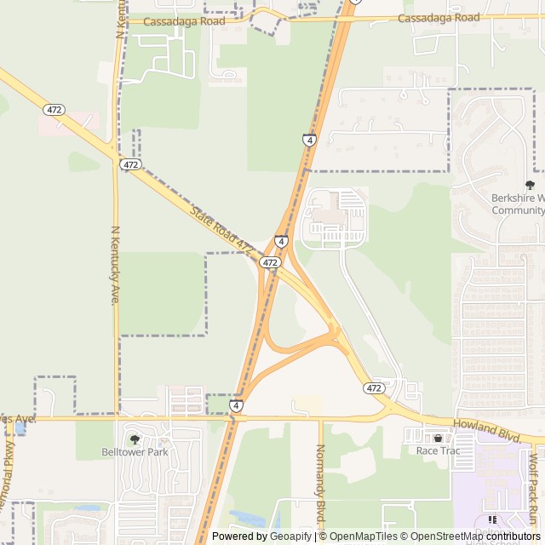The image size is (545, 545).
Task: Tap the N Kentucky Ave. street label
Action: (115, 266)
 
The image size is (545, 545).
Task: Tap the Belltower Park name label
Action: (135, 451)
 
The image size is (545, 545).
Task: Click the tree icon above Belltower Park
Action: (135, 439)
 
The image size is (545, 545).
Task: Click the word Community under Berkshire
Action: (518, 210)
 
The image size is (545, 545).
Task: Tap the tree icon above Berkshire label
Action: (530, 185)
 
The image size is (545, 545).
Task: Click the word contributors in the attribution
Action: (511, 536)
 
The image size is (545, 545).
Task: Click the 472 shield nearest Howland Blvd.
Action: (373, 388)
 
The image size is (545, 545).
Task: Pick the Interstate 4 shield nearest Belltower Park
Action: (236, 406)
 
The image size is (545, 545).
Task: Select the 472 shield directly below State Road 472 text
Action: (270, 263)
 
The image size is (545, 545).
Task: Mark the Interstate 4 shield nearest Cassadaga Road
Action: (309, 140)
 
